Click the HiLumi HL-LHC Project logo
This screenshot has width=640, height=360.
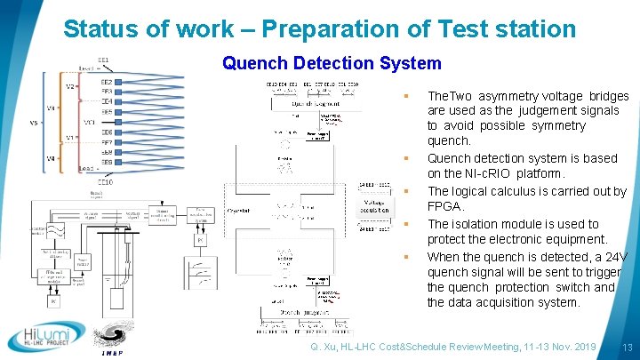48,336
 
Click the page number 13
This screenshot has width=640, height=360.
627,347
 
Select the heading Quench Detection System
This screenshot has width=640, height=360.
332,63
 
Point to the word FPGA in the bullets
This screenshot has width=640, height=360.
444,206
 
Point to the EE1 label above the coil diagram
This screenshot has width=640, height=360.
104,60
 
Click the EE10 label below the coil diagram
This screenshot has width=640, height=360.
105,181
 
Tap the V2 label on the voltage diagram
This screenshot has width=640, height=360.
69,87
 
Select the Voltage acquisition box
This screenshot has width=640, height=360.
372,205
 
